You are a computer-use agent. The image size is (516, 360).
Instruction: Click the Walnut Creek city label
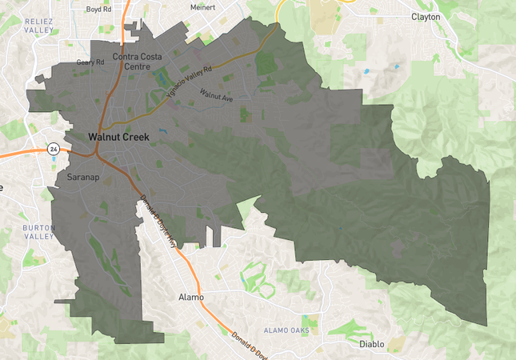click(118, 137)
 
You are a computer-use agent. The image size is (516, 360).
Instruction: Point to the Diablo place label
click(372, 344)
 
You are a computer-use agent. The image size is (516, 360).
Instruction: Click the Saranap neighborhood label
click(83, 176)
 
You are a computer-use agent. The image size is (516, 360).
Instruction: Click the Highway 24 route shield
click(53, 149)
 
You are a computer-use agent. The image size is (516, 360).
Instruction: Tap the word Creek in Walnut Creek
click(135, 137)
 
